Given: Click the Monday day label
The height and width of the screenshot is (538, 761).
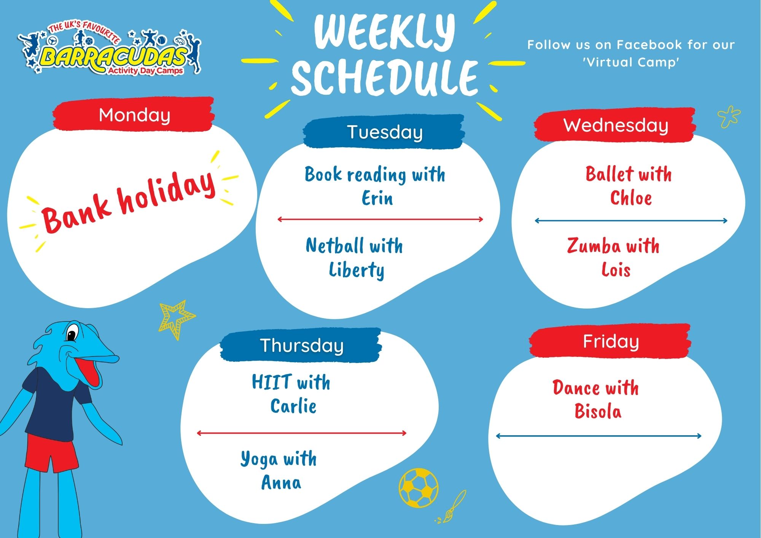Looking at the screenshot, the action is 134,115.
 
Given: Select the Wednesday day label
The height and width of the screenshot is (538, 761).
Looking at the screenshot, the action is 616,125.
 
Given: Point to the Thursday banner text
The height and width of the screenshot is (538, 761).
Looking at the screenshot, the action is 302,345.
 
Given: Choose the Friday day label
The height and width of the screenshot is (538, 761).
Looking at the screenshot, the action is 611,341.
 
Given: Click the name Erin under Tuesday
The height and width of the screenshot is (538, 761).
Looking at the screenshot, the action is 377,198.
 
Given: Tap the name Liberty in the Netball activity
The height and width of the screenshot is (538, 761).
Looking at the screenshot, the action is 357,270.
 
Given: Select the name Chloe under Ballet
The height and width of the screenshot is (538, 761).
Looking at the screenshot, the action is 631,198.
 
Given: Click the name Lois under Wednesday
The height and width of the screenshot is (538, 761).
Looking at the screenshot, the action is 616,270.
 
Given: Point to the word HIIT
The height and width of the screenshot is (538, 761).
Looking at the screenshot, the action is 272,382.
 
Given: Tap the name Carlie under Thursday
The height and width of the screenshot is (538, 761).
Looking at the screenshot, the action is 293,406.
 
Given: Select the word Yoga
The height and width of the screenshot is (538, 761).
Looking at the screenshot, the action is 259,459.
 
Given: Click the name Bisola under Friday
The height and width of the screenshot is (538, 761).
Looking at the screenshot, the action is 598,411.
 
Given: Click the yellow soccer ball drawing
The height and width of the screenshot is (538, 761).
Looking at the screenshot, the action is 419,487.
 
